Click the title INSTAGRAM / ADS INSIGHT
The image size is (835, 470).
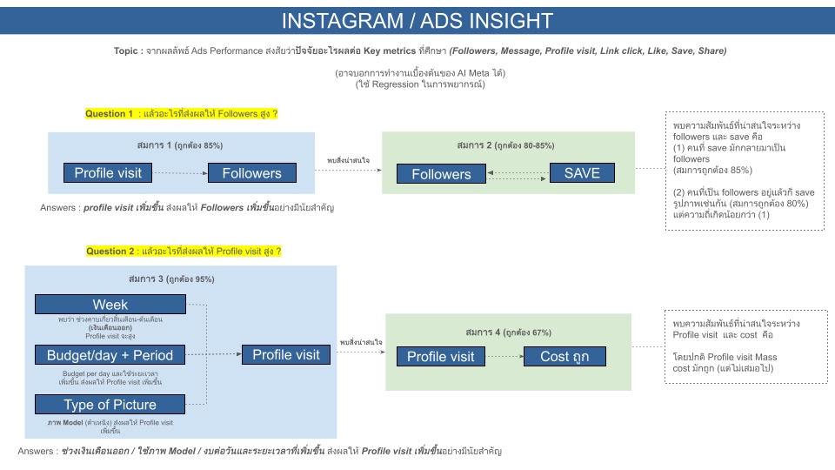click(x=417, y=21)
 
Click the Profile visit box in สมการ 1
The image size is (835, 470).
click(x=108, y=173)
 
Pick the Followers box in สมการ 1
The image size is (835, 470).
click(x=251, y=173)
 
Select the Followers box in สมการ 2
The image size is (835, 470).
click(x=441, y=174)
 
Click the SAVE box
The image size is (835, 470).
click(x=582, y=173)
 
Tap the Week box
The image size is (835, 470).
click(x=110, y=305)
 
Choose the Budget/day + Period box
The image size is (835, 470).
click(x=110, y=355)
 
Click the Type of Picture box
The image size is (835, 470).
click(x=110, y=405)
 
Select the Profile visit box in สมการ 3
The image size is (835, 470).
click(x=286, y=355)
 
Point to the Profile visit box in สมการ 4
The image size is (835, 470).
click(x=441, y=356)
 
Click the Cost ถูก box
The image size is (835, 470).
click(x=565, y=356)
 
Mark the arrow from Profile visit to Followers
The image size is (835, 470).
click(x=179, y=173)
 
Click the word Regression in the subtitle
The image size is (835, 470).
click(x=397, y=84)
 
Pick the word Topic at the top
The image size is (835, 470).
click(x=129, y=51)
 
